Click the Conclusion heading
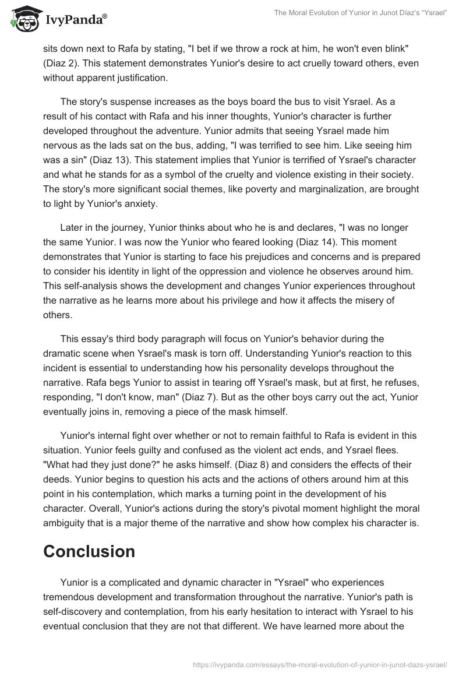(89, 551)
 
